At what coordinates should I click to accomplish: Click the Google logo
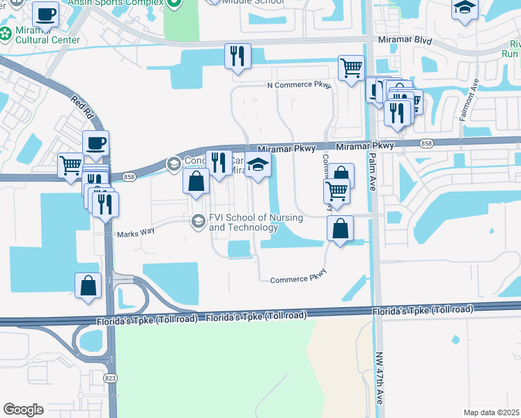[23, 410]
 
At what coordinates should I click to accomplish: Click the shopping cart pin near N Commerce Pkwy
[351, 68]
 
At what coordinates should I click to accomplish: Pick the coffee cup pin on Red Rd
[95, 144]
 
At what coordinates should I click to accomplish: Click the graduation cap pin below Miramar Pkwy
[258, 166]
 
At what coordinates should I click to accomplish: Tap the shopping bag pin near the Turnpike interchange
[88, 286]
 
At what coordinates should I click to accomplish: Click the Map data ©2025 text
[490, 412]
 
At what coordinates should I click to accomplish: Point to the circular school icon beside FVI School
[198, 222]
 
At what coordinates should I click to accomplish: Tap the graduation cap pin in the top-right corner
[465, 8]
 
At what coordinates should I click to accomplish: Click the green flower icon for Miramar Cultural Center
[6, 33]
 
